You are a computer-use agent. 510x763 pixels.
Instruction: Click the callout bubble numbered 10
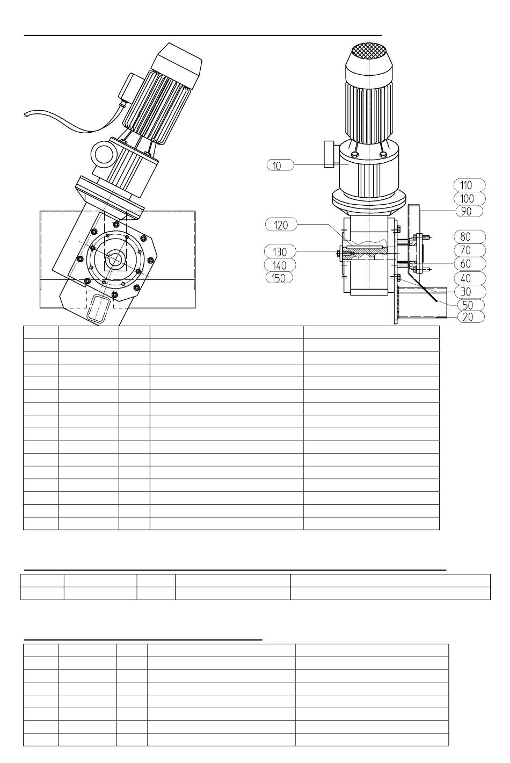(x=280, y=165)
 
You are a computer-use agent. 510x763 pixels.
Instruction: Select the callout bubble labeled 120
(x=281, y=225)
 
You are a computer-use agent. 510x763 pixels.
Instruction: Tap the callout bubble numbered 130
(x=280, y=251)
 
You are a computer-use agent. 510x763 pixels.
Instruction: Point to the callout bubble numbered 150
(x=279, y=278)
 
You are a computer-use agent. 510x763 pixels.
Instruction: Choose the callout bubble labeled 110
(x=470, y=185)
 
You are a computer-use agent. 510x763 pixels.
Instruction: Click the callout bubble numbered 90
(x=469, y=211)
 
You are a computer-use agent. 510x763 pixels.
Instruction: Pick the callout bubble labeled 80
(x=470, y=236)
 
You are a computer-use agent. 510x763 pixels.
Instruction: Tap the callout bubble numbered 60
(x=470, y=263)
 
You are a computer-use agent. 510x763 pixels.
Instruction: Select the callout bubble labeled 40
(x=470, y=278)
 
